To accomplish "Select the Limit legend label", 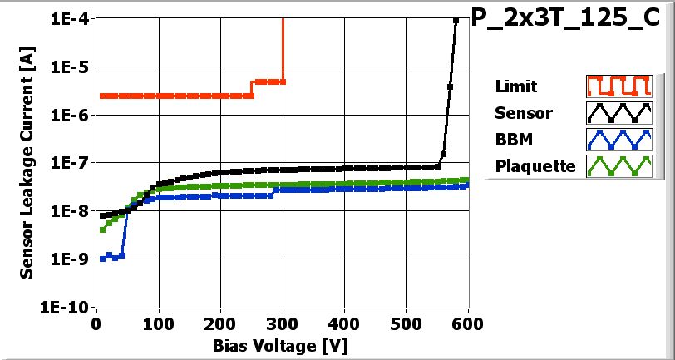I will (515, 86).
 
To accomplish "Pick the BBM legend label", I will (513, 139).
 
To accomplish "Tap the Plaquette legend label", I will (535, 165).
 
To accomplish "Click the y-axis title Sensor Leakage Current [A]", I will (27, 162).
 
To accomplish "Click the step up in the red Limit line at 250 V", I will (252, 88).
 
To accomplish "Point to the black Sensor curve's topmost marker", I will (456, 21).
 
